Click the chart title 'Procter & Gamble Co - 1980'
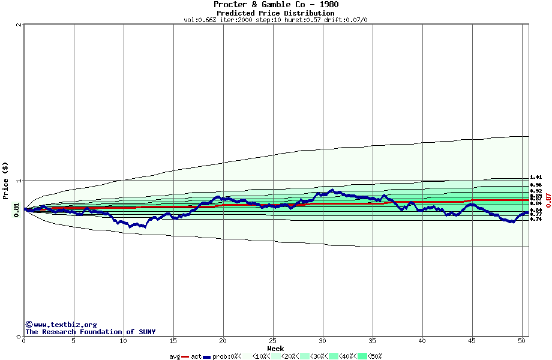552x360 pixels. pyautogui.click(x=275, y=5)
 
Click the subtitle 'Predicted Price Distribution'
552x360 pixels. pyautogui.click(x=275, y=13)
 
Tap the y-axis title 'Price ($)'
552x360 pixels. pyautogui.click(x=5, y=181)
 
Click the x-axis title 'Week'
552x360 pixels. pyautogui.click(x=275, y=349)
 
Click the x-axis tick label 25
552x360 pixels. pyautogui.click(x=273, y=341)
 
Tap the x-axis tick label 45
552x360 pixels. pyautogui.click(x=472, y=341)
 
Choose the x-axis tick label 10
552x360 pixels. pyautogui.click(x=124, y=341)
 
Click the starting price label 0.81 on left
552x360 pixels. pyautogui.click(x=16, y=209)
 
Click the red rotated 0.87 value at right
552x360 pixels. pyautogui.click(x=548, y=200)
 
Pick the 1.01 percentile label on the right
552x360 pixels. pyautogui.click(x=536, y=178)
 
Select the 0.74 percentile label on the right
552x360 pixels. pyautogui.click(x=536, y=219)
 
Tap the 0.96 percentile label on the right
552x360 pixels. pyautogui.click(x=536, y=185)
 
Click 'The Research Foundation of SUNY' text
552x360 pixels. pyautogui.click(x=90, y=332)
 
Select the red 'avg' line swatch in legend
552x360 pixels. pyautogui.click(x=185, y=357)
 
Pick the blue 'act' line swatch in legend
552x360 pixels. pyautogui.click(x=207, y=357)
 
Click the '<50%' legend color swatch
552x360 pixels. pyautogui.click(x=362, y=356)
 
